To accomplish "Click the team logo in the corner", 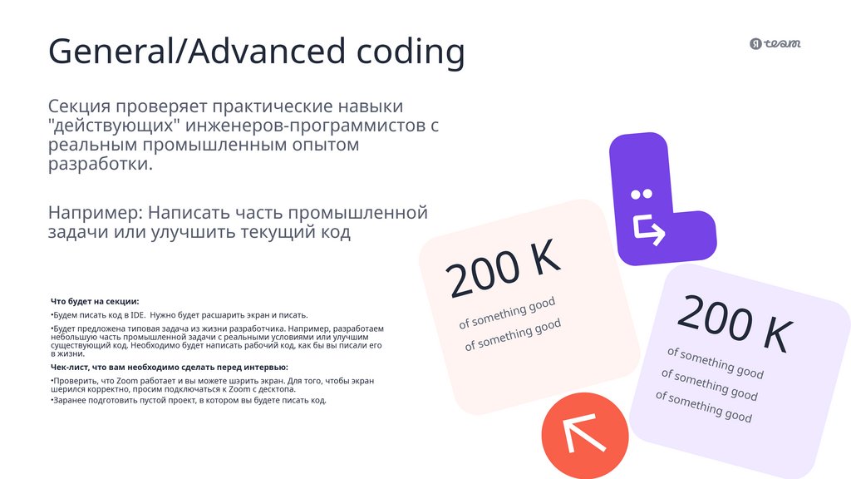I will click(x=775, y=44).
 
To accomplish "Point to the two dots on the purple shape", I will click(x=641, y=195).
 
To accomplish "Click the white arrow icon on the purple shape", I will click(x=649, y=230).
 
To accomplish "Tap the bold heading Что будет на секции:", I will click(x=95, y=301).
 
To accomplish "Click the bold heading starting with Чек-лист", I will click(x=170, y=367).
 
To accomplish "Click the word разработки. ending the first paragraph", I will click(x=101, y=164).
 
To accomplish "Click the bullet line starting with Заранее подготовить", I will click(x=189, y=400).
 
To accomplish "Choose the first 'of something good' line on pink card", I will click(x=507, y=312).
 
